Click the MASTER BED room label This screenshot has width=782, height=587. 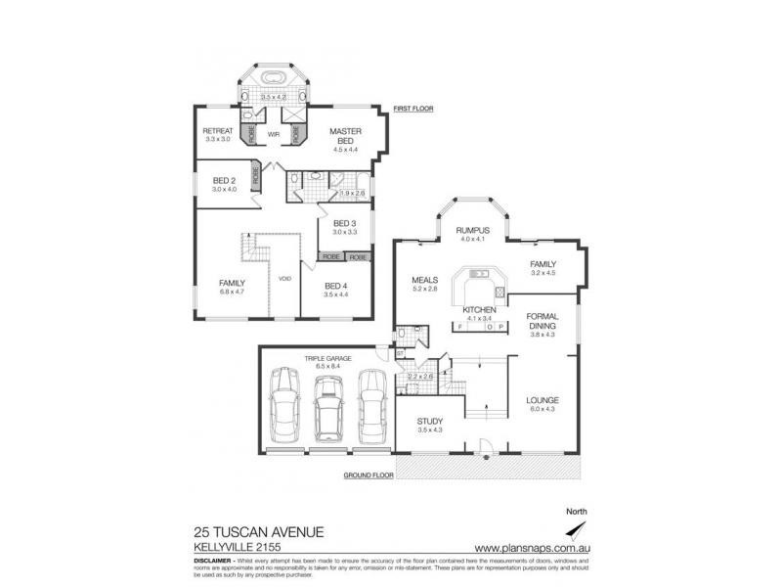pos(346,136)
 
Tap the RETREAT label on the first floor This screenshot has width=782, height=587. pos(217,131)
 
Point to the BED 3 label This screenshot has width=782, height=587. pos(344,223)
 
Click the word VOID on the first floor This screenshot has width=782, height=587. pos(284,279)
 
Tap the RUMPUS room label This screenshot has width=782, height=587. pos(472,230)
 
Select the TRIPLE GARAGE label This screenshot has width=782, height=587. pos(325,359)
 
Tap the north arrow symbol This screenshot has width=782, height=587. pos(585,533)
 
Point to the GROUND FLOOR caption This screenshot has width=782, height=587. pos(368,475)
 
